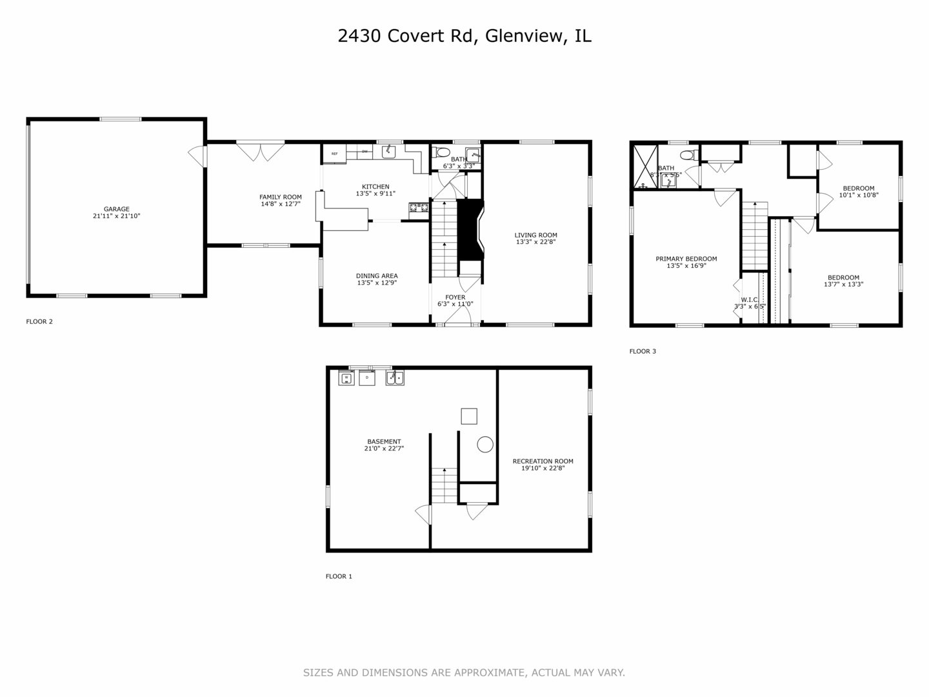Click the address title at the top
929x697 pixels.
click(464, 36)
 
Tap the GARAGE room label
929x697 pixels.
click(116, 209)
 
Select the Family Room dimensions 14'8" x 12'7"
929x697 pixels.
click(280, 204)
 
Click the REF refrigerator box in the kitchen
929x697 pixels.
click(334, 154)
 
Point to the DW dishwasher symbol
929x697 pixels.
click(365, 152)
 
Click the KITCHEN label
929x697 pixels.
click(375, 187)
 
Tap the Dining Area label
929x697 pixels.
click(377, 276)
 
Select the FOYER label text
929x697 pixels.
click(455, 298)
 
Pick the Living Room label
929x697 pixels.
click(535, 235)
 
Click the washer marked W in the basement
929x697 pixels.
click(346, 378)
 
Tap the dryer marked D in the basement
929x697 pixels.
click(367, 378)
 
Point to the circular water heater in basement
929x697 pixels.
click(485, 444)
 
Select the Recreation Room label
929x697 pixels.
click(543, 461)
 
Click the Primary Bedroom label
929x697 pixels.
click(686, 259)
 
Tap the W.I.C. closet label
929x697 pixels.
click(749, 299)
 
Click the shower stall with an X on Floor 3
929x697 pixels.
click(643, 167)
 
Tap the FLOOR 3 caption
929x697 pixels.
click(643, 352)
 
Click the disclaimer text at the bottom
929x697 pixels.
click(464, 672)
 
